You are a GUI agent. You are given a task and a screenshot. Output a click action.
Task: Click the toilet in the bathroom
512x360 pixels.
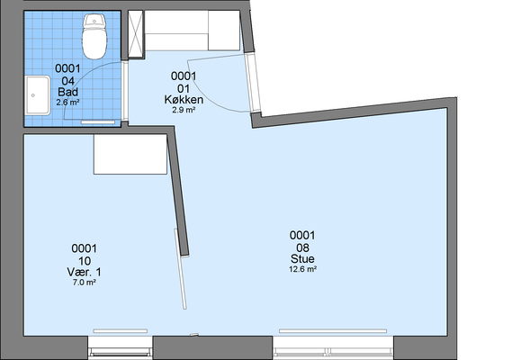[x=94, y=36]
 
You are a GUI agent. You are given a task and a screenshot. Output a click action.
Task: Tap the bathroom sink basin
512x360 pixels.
[x=38, y=95]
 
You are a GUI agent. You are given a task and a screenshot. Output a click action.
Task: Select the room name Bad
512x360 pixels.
[x=67, y=92]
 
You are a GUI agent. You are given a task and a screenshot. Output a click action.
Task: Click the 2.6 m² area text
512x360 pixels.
[x=67, y=103]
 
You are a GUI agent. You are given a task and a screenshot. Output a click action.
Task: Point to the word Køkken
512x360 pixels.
[x=184, y=99]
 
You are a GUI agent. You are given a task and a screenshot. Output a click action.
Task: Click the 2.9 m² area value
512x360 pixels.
[x=184, y=110]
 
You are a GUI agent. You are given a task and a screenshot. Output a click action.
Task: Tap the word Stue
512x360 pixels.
[x=302, y=258]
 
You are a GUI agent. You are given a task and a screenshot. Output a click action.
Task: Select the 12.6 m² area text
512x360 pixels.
[x=302, y=269]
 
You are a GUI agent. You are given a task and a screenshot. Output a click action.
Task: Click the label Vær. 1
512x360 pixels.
[x=85, y=272]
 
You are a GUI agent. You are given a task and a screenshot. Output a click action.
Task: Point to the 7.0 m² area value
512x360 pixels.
[x=85, y=283]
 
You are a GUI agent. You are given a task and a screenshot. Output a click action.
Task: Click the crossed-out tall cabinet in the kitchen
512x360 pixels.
[x=136, y=34]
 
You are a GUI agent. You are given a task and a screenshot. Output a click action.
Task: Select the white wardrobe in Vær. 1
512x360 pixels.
[x=130, y=154]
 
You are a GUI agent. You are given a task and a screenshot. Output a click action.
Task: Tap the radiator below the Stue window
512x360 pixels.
[x=333, y=331]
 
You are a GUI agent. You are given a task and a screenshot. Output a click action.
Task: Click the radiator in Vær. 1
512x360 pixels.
[x=121, y=331]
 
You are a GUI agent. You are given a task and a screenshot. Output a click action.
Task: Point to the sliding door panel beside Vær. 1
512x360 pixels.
[x=180, y=269]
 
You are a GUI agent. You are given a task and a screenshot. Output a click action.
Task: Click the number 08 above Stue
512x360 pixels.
[x=302, y=247]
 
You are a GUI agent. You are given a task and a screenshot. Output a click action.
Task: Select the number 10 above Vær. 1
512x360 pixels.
[x=85, y=261]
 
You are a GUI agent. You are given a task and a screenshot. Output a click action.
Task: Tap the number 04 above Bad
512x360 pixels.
[x=67, y=81]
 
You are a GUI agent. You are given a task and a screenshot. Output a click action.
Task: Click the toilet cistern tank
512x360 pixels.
[x=94, y=21]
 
